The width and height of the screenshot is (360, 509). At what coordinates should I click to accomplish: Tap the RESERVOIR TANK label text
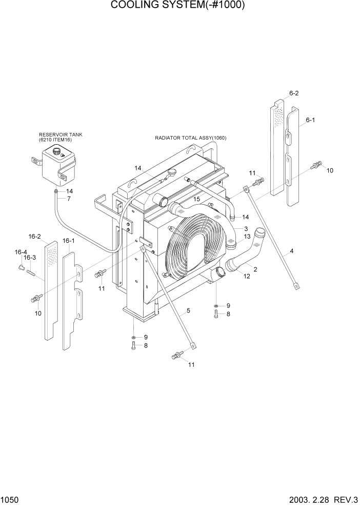(61, 134)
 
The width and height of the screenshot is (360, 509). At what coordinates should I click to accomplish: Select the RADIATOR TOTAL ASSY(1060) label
(191, 138)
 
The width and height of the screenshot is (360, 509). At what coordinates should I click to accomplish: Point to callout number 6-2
(294, 93)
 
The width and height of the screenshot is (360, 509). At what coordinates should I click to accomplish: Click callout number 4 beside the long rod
(291, 251)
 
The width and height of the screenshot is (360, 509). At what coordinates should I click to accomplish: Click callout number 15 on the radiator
(196, 199)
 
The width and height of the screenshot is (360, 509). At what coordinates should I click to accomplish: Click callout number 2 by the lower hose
(255, 269)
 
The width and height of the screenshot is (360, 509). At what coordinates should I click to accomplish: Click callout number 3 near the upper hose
(246, 229)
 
